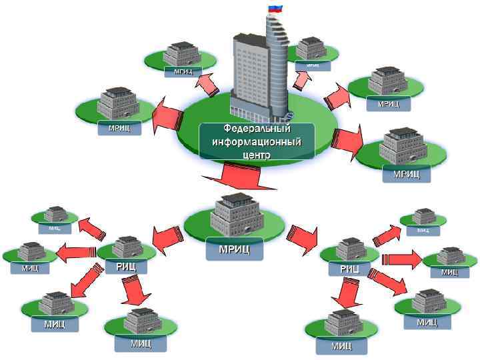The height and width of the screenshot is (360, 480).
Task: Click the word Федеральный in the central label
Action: click(x=257, y=128)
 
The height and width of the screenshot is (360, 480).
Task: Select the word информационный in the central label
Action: click(x=257, y=141)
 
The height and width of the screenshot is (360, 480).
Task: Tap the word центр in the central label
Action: click(x=257, y=154)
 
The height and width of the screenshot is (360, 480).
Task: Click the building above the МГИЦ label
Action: click(x=182, y=53)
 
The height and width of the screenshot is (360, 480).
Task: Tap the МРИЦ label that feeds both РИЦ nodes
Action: click(x=234, y=249)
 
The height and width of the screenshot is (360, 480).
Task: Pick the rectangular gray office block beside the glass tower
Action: click(x=247, y=73)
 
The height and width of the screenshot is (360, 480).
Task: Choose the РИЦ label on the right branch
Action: click(x=349, y=269)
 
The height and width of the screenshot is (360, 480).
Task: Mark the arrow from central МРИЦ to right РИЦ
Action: click(x=303, y=239)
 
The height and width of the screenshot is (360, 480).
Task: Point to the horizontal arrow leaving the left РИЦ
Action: click(x=77, y=251)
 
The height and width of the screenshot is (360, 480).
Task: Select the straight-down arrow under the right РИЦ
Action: click(x=347, y=294)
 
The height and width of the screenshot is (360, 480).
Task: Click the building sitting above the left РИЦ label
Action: click(x=125, y=247)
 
